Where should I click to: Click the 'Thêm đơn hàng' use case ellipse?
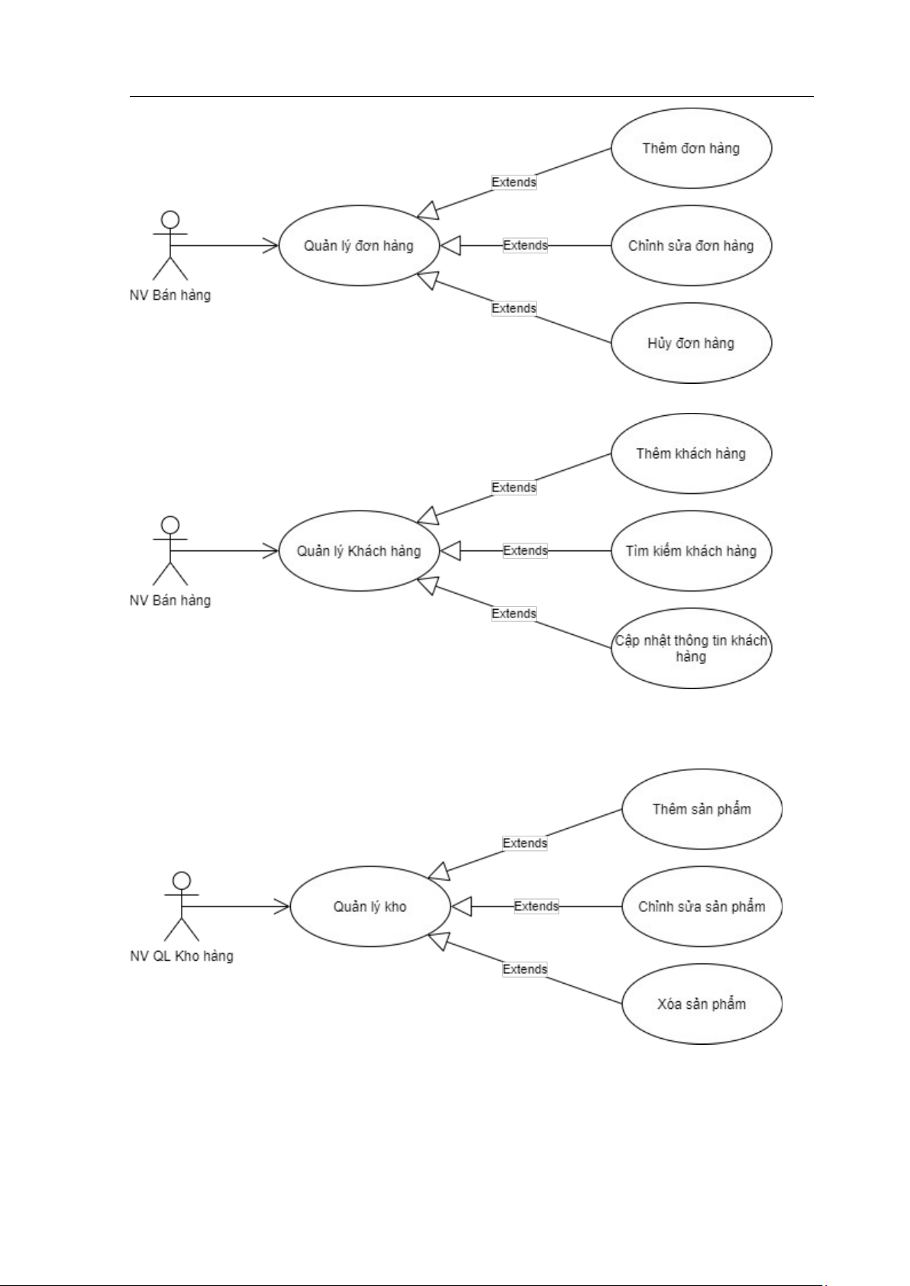pyautogui.click(x=691, y=148)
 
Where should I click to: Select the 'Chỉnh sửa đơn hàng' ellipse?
pyautogui.click(x=691, y=246)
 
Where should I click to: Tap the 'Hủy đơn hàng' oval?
pyautogui.click(x=691, y=343)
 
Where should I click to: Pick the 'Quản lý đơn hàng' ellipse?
pyautogui.click(x=359, y=246)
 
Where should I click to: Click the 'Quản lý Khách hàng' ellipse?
pyautogui.click(x=359, y=551)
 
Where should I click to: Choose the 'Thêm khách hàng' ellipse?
pyautogui.click(x=691, y=453)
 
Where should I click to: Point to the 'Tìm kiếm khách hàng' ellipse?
pyautogui.click(x=691, y=551)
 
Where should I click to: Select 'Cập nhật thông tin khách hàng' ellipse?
pyautogui.click(x=691, y=648)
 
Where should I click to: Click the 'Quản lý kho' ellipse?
pyautogui.click(x=370, y=907)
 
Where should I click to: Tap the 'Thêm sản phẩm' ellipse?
pyautogui.click(x=702, y=809)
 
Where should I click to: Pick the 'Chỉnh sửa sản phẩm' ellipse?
pyautogui.click(x=702, y=907)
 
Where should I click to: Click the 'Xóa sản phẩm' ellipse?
pyautogui.click(x=702, y=1004)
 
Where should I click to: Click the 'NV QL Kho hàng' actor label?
pyautogui.click(x=182, y=956)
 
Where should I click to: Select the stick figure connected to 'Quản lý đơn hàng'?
pyautogui.click(x=170, y=245)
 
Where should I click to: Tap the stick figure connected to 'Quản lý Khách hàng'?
pyautogui.click(x=170, y=550)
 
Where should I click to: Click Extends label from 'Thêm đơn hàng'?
pyautogui.click(x=514, y=182)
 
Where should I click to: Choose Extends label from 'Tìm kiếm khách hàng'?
pyautogui.click(x=525, y=551)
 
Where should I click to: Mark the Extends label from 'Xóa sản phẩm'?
pyautogui.click(x=524, y=969)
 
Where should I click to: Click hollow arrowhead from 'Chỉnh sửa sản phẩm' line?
pyautogui.click(x=461, y=907)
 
